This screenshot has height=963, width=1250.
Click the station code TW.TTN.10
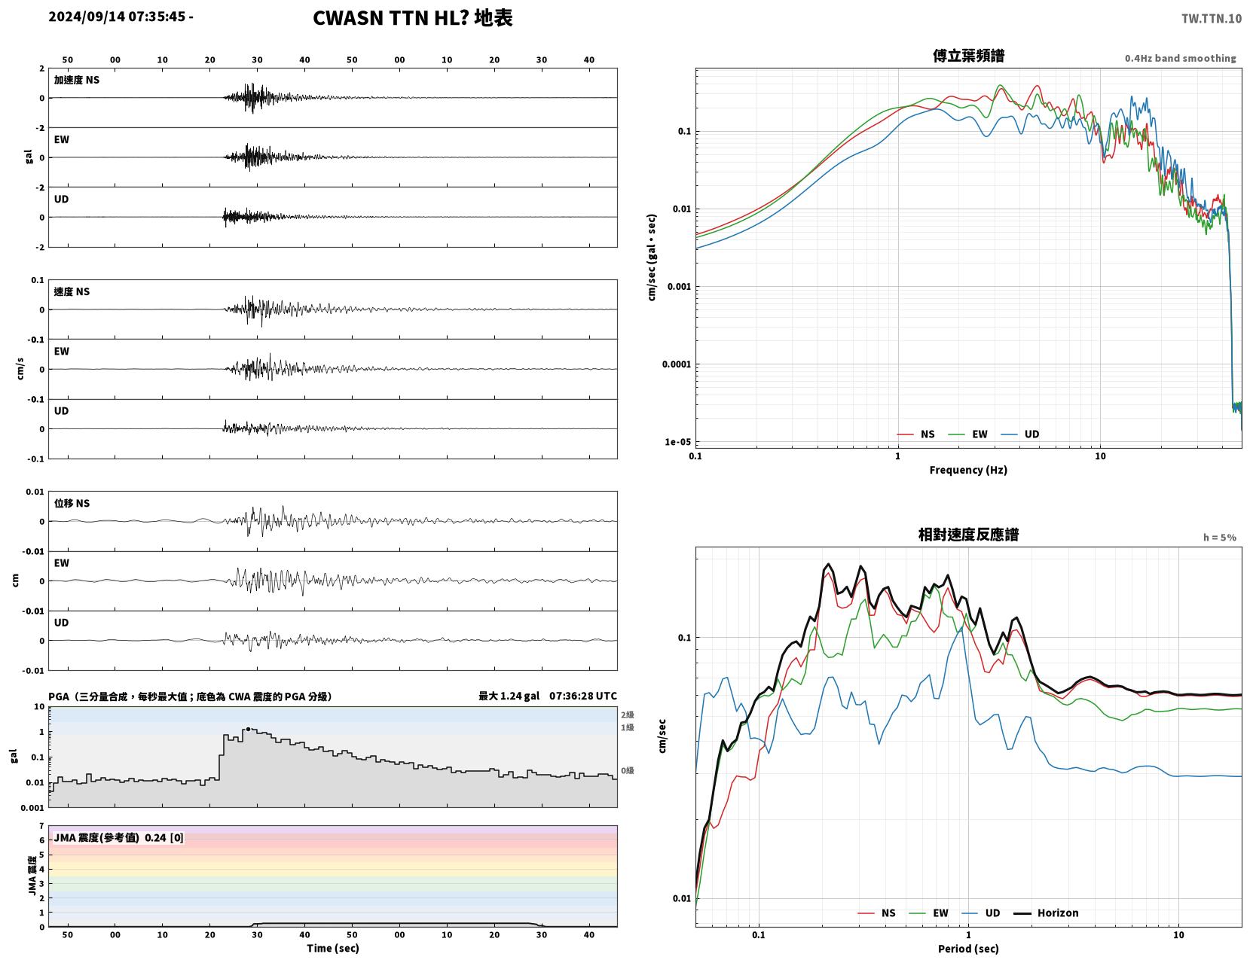[1211, 18]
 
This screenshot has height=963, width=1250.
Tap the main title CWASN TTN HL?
[390, 18]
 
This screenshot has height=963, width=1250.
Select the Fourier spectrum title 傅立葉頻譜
[968, 56]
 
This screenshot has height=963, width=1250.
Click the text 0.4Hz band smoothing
[1180, 58]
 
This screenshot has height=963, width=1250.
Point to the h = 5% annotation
[1219, 538]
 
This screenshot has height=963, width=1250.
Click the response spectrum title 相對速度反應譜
[968, 535]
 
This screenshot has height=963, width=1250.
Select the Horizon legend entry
[1046, 913]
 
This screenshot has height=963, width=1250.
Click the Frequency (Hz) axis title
[968, 470]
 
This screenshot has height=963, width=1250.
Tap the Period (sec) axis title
[968, 949]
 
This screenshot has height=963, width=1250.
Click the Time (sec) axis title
[332, 948]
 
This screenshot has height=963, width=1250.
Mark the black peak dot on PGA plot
[248, 729]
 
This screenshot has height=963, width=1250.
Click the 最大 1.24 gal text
[509, 696]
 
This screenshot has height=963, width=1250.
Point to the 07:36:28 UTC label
[582, 696]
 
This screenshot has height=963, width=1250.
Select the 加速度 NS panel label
[77, 80]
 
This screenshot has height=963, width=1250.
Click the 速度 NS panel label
[72, 291]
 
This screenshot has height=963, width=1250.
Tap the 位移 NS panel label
[72, 503]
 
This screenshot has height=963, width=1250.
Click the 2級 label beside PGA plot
[627, 715]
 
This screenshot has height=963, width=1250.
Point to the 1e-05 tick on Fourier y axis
[677, 442]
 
